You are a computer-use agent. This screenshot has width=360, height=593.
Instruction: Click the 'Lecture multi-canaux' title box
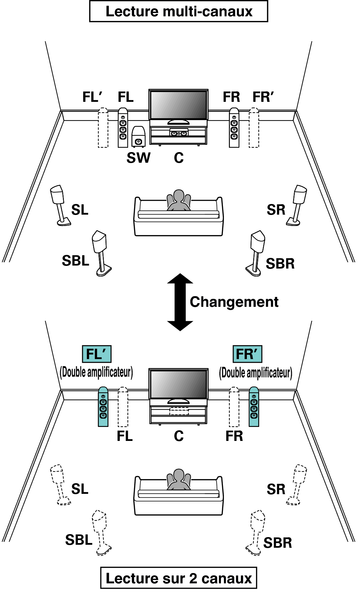coord(179,11)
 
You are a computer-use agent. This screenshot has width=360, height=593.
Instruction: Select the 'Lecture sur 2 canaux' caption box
coord(179,578)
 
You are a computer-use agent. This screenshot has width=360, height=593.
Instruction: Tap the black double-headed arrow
coord(180,302)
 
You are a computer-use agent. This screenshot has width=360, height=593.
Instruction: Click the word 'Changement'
coord(234,302)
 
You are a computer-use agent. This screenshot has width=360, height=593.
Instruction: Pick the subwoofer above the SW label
coord(138,136)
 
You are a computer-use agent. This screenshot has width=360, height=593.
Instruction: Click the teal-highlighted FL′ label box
coord(96,354)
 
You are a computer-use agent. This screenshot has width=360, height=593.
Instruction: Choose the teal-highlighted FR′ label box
coord(247,354)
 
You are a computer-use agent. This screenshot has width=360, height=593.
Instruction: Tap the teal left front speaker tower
coord(103,407)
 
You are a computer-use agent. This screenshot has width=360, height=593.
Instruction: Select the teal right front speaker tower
coord(254,407)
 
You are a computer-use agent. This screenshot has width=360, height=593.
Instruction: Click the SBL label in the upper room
coord(76,261)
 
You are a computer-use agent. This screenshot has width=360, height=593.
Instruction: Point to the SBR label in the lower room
coord(278,543)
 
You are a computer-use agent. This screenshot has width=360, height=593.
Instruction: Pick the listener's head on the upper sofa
coord(179,196)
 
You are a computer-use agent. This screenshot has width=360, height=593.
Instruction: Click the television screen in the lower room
coord(179,384)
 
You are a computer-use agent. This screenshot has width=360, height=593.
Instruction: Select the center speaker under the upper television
coord(179,133)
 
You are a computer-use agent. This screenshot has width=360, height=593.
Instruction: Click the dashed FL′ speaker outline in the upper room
coord(103,127)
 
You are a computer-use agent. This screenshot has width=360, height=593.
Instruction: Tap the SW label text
coord(138,158)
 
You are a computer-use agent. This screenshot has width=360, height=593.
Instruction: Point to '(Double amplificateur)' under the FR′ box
coord(256,373)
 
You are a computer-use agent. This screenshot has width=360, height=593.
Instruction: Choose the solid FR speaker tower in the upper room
coord(234,127)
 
